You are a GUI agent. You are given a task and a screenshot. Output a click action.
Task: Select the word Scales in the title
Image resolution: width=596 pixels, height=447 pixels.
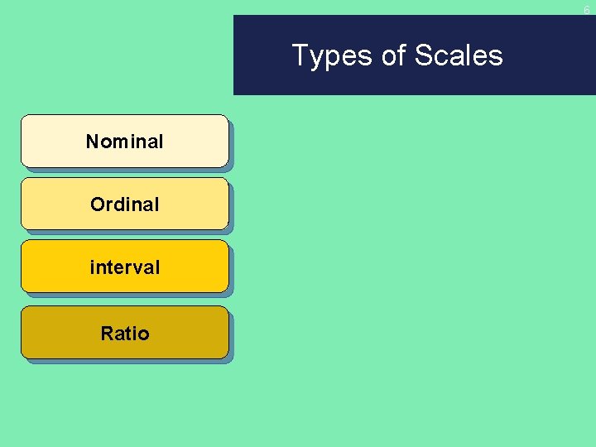pyautogui.click(x=459, y=55)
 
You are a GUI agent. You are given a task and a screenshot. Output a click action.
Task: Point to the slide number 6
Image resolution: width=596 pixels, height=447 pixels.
pyautogui.click(x=587, y=10)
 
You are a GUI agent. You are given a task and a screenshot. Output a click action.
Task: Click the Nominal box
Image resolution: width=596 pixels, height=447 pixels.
pyautogui.click(x=124, y=142)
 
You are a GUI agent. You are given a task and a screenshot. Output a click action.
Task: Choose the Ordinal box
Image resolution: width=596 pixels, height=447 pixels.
pyautogui.click(x=124, y=204)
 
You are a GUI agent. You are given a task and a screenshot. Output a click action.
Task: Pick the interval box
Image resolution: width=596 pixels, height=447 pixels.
pyautogui.click(x=124, y=267)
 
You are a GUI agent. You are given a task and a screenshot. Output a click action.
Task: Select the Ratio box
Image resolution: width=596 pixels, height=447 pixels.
pyautogui.click(x=124, y=333)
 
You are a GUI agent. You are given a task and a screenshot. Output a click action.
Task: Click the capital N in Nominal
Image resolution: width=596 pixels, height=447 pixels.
pyautogui.click(x=92, y=142)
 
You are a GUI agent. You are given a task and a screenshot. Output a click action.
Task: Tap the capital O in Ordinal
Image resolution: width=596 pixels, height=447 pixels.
pyautogui.click(x=97, y=204)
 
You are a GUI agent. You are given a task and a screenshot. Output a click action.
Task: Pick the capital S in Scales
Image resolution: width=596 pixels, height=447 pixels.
pyautogui.click(x=423, y=55)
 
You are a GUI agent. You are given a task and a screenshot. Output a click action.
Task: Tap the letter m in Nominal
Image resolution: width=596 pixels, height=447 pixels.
pyautogui.click(x=118, y=142)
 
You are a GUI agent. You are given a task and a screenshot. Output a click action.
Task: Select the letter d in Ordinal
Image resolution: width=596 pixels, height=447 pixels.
pyautogui.click(x=118, y=204)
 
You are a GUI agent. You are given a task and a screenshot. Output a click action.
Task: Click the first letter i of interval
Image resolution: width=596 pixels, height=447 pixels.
pyautogui.click(x=92, y=267)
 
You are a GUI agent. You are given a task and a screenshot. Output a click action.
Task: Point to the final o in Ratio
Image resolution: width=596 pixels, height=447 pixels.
pyautogui.click(x=144, y=334)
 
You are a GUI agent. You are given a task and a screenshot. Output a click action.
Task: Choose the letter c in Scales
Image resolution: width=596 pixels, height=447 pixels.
pyautogui.click(x=440, y=57)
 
